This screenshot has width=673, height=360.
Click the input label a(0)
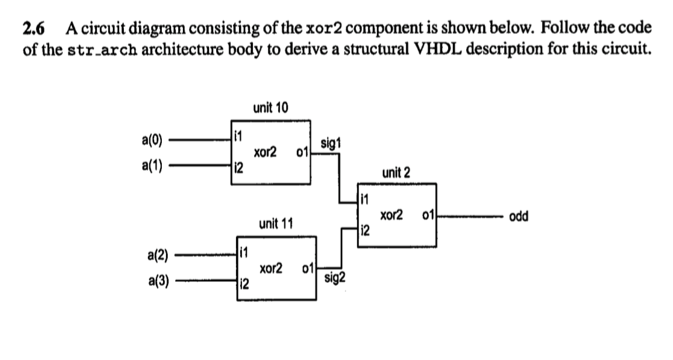(152, 141)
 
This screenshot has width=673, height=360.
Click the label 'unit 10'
(269, 108)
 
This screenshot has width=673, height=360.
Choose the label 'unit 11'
(276, 223)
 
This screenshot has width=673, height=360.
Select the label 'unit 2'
(396, 172)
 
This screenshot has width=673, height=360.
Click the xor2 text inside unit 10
(265, 154)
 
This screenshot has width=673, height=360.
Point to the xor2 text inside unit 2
(391, 216)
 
